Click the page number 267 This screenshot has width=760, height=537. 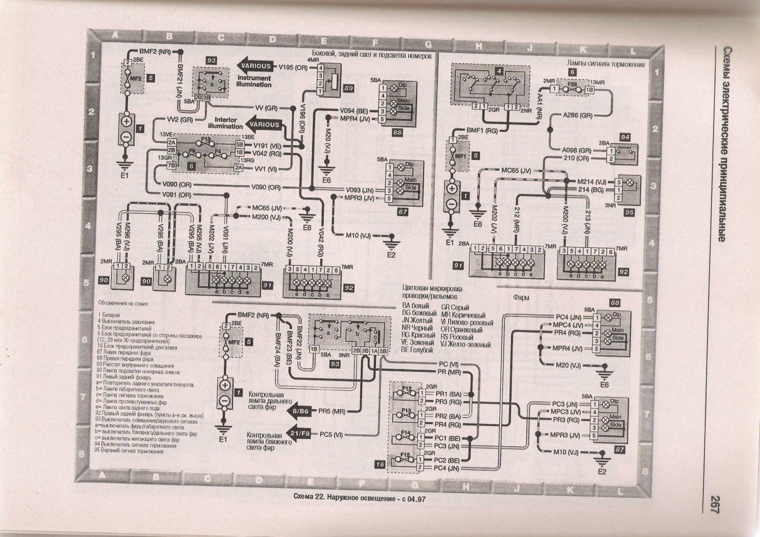(714, 505)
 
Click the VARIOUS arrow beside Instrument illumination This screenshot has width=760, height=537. (255, 66)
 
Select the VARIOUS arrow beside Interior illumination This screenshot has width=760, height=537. (264, 125)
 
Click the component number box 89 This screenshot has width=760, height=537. (348, 88)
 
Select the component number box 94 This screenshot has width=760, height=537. (624, 137)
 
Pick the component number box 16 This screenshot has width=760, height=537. (380, 464)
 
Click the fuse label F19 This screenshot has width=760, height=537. (205, 139)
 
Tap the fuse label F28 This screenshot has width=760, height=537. (572, 85)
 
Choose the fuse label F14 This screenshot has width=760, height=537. (406, 433)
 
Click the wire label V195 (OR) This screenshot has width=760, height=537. (293, 68)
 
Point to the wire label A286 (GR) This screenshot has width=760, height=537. (578, 116)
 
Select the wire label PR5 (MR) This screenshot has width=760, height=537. (332, 411)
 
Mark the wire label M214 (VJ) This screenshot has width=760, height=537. (591, 182)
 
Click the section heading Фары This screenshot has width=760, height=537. (521, 298)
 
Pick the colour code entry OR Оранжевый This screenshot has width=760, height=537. (461, 330)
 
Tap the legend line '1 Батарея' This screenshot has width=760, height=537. (109, 315)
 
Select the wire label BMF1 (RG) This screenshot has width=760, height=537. (482, 130)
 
